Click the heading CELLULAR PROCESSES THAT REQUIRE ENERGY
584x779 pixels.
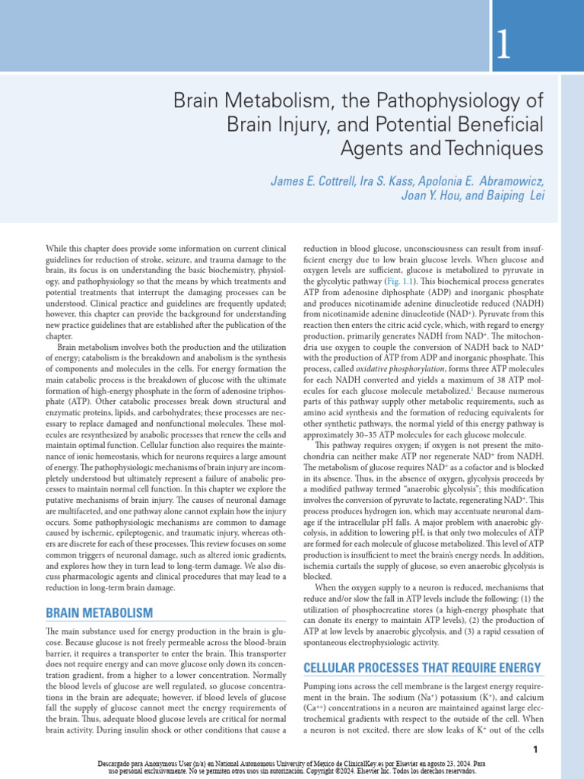pos(422,668)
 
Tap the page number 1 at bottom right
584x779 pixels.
pos(535,750)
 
